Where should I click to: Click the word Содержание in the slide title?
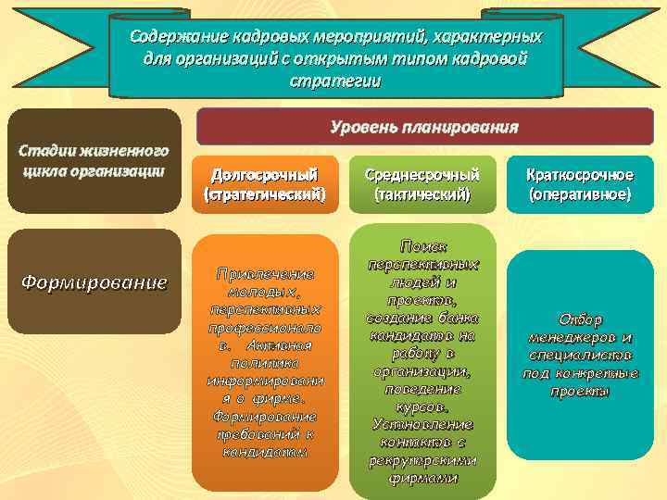pyautogui.click(x=173, y=37)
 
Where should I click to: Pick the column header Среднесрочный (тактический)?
pyautogui.click(x=422, y=184)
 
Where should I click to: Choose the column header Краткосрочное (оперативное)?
pyautogui.click(x=580, y=184)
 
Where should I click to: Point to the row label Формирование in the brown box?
pyautogui.click(x=94, y=281)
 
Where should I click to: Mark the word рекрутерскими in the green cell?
pyautogui.click(x=422, y=461)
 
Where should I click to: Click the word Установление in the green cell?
pyautogui.click(x=422, y=424)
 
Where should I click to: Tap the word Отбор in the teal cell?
pyautogui.click(x=581, y=319)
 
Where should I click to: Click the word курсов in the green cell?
pyautogui.click(x=422, y=406)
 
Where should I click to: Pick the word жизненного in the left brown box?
pyautogui.click(x=121, y=150)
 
